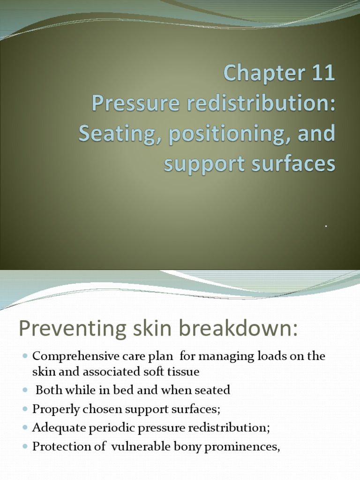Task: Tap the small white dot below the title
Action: (326, 226)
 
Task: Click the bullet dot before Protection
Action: (25, 447)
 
